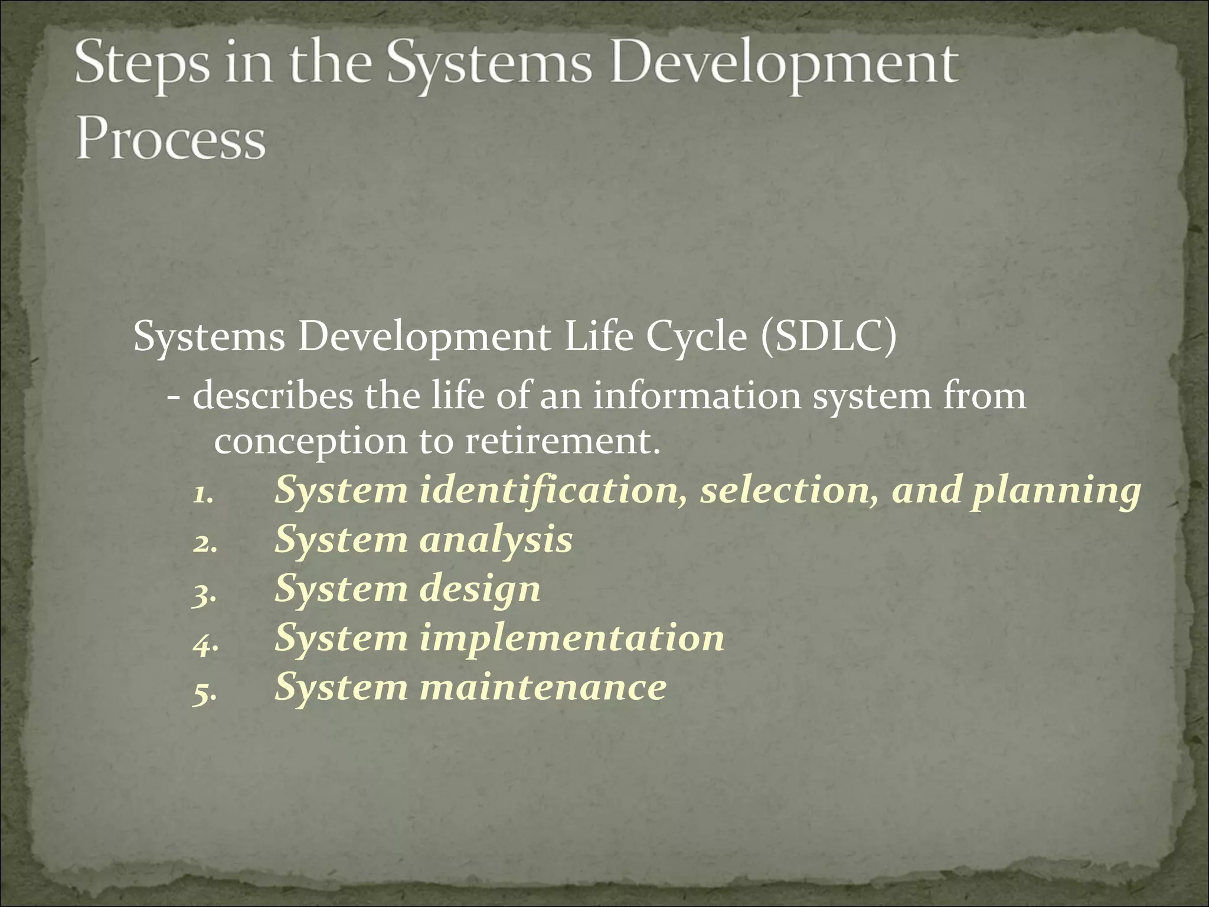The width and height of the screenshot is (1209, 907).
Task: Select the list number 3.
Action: [x=204, y=592]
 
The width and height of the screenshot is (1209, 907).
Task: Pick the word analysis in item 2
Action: [x=496, y=540]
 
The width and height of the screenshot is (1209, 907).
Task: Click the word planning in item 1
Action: [x=1056, y=492]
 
